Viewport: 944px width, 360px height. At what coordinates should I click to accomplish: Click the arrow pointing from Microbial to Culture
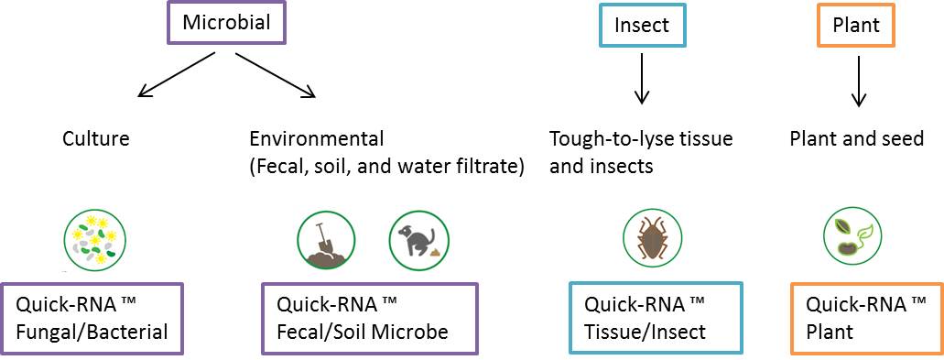tap(176, 74)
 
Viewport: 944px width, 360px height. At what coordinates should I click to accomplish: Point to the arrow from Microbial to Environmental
tap(276, 74)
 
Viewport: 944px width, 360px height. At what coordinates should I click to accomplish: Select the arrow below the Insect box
tap(642, 78)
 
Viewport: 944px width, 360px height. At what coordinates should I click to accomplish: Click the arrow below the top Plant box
tap(859, 80)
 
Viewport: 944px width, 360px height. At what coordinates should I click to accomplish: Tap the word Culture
tap(96, 139)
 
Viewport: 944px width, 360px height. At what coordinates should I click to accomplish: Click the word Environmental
tap(317, 139)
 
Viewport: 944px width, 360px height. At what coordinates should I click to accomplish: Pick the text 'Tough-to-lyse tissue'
tap(641, 139)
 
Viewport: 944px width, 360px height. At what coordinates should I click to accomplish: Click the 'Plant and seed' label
tap(856, 139)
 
